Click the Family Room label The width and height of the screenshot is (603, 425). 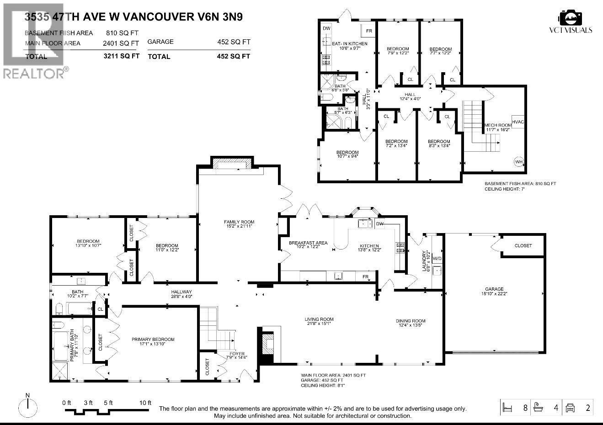tap(239, 222)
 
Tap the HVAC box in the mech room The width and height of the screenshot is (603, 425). tap(518, 122)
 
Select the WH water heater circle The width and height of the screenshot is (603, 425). tap(518, 161)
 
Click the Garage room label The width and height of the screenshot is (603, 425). tap(494, 289)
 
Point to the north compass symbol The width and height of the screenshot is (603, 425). tap(28, 405)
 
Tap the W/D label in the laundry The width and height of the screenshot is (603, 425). tap(437, 259)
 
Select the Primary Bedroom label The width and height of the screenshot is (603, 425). tap(153, 339)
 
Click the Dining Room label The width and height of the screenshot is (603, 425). tap(410, 321)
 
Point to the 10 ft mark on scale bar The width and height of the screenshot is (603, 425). tap(145, 403)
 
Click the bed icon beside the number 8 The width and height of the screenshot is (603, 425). tap(507, 407)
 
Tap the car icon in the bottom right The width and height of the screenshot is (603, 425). tap(570, 407)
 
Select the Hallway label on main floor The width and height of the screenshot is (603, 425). tap(181, 292)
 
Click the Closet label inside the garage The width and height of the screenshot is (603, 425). tap(523, 245)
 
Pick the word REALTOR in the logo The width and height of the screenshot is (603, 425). tap(33, 74)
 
